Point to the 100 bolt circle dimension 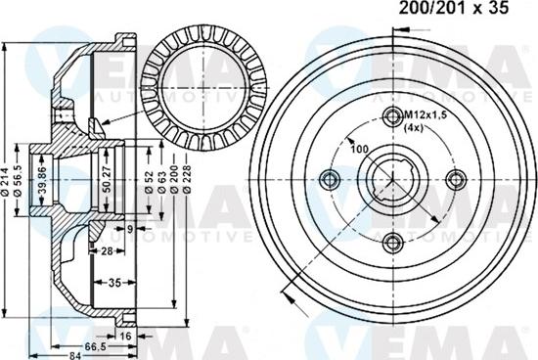pos(359,148)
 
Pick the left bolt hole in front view pos(330,179)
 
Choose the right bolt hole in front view pos(453,179)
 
